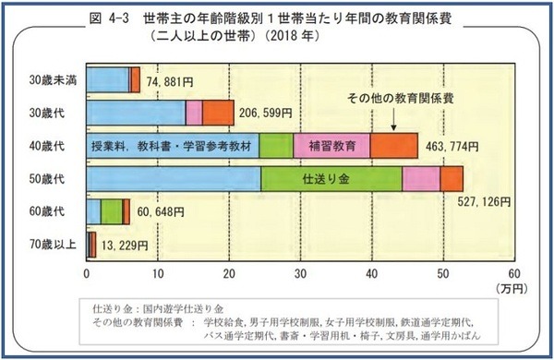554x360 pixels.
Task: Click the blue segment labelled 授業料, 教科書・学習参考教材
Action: coord(172,146)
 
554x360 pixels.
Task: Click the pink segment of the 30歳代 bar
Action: coord(194,112)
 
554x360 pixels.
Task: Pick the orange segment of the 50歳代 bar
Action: coord(452,178)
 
